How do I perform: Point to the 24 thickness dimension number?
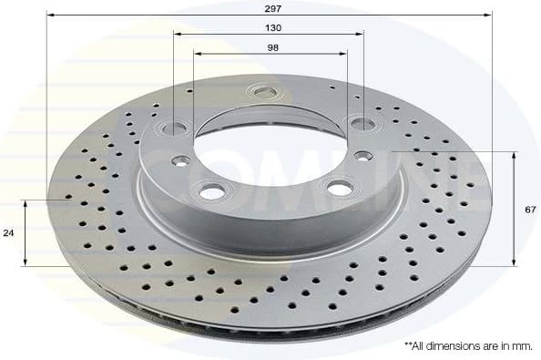pyautogui.click(x=8, y=233)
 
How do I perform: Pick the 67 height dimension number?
pyautogui.click(x=530, y=209)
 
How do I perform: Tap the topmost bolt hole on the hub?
pyautogui.click(x=265, y=91)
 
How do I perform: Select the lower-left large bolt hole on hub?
pyautogui.click(x=212, y=191)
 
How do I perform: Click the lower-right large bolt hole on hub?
pyautogui.click(x=339, y=189)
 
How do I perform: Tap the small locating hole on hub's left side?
pyautogui.click(x=179, y=161)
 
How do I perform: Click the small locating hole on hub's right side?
pyautogui.click(x=363, y=156)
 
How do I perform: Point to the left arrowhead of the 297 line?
pyautogui.click(x=49, y=15)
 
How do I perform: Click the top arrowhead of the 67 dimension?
pyautogui.click(x=515, y=156)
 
